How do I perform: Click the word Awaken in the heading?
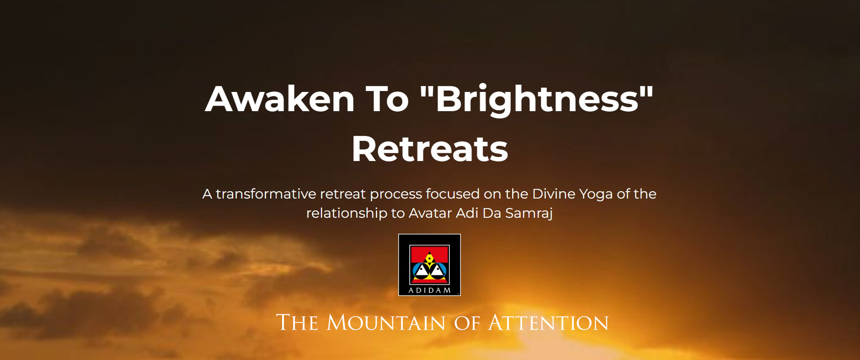pos(280,99)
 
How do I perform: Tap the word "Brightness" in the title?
pos(537,100)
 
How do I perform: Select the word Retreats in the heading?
pos(430,149)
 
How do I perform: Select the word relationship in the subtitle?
pos(347,214)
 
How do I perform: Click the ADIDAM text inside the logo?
pos(429,290)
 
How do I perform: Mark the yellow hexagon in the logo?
pos(429,258)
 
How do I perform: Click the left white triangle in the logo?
pos(421,270)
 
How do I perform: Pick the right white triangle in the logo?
pos(438,270)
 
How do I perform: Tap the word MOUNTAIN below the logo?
pos(386,322)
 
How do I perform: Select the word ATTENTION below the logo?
pos(548,322)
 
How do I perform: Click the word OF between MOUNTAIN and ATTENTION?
pos(467,323)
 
